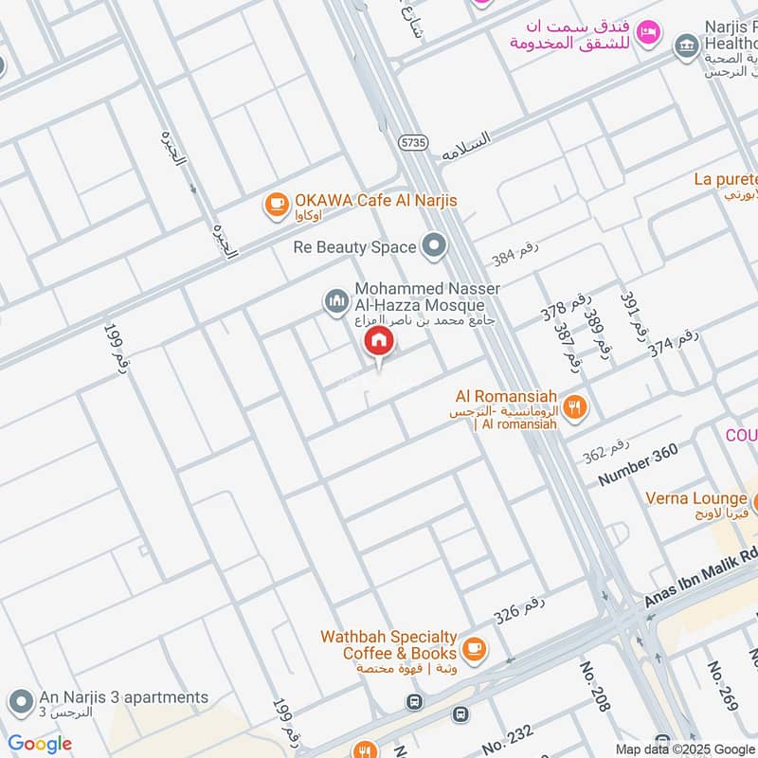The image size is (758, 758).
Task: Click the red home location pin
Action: (379, 342)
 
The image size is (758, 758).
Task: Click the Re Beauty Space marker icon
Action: (435, 247)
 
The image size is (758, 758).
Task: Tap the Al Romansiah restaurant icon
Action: (575, 408)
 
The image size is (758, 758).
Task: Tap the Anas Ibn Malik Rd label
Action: (700, 580)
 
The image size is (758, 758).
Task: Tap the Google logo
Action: (40, 744)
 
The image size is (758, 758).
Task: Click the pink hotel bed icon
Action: (649, 33)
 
